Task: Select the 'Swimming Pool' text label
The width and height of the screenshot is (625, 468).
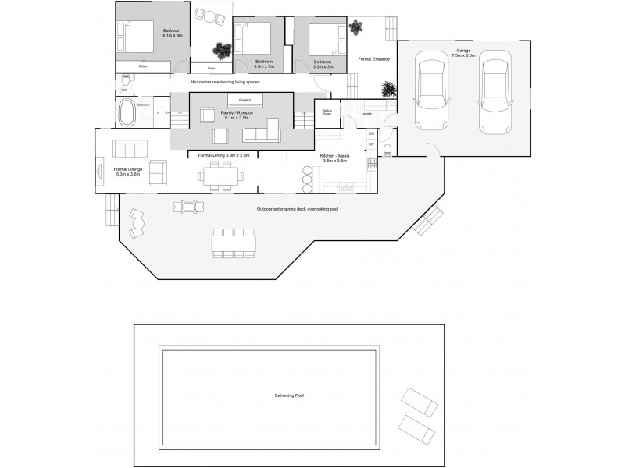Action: (x=289, y=395)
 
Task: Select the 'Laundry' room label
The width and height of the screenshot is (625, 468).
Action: (x=366, y=114)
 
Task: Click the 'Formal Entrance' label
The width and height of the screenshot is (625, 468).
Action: (x=373, y=59)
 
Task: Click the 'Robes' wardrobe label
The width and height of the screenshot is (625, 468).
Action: (x=143, y=66)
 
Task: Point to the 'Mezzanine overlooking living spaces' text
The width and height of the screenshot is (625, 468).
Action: (x=225, y=82)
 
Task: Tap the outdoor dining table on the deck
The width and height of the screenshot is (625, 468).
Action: (x=233, y=243)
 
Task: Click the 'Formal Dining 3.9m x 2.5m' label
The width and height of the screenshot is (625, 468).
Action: (x=224, y=156)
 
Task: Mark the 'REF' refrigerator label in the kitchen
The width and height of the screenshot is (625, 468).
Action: (x=372, y=145)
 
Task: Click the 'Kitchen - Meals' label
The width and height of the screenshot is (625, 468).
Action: (x=334, y=156)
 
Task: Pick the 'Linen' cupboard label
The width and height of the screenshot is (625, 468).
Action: (x=211, y=67)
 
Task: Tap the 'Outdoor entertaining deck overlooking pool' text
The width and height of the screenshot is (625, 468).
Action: (x=298, y=210)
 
